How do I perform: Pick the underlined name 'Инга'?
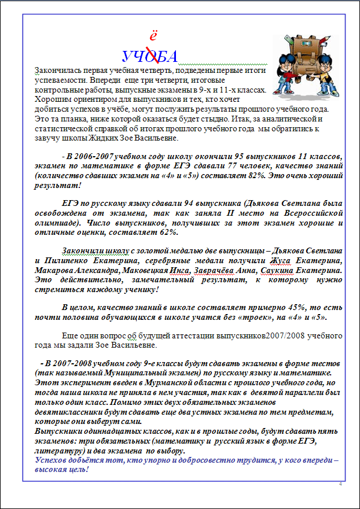pyautogui.click(x=178, y=270)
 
